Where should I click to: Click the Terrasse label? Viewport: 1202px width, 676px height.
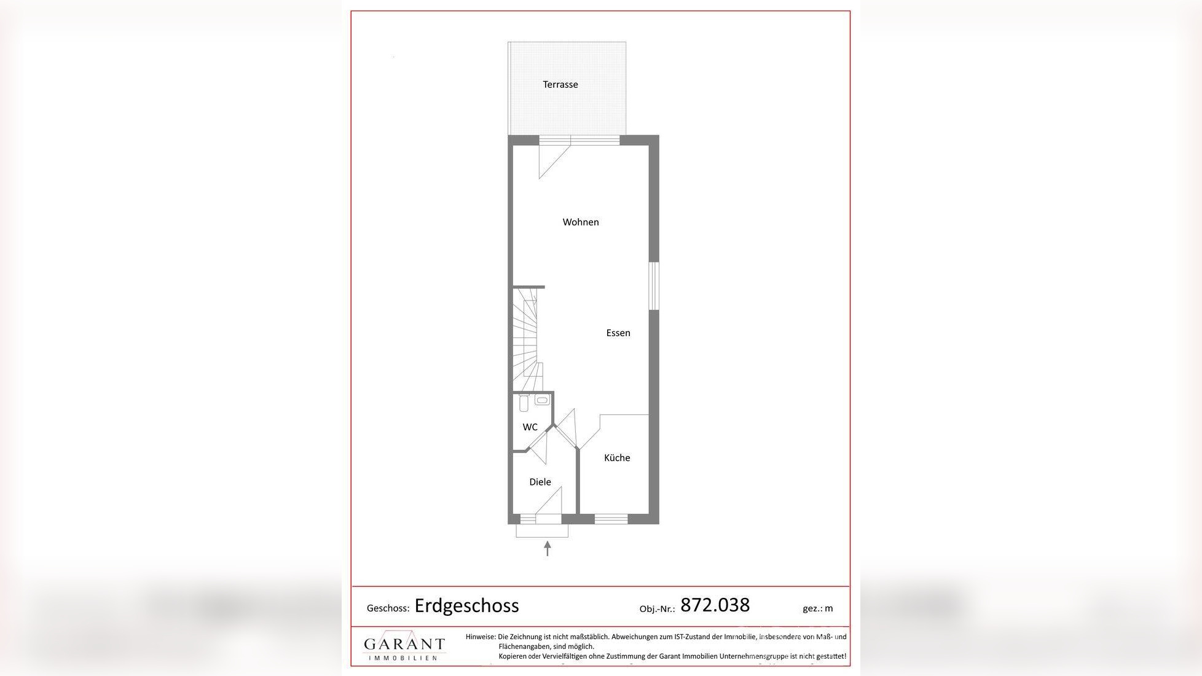click(x=560, y=85)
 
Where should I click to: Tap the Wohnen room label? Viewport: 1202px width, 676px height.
click(x=580, y=222)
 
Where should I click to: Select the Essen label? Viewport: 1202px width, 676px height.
click(x=618, y=333)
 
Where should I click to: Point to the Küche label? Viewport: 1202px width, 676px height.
click(x=616, y=458)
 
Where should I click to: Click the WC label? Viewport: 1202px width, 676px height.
click(x=530, y=427)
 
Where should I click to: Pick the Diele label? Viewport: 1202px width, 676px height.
click(x=540, y=482)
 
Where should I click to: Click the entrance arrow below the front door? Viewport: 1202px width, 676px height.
click(x=548, y=548)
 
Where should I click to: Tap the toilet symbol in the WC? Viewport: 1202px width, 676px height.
click(x=524, y=403)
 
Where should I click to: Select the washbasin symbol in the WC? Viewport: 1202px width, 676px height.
click(x=541, y=401)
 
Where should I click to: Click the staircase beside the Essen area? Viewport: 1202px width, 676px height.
click(x=527, y=338)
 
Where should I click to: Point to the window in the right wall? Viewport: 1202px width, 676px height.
click(x=654, y=286)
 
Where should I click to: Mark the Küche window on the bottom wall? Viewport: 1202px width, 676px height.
click(x=611, y=519)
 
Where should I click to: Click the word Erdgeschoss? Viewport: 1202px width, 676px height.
click(x=466, y=606)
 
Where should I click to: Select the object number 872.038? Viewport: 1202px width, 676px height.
click(x=715, y=605)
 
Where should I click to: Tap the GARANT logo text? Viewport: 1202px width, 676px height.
click(x=404, y=645)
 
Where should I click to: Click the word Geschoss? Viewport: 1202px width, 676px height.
click(x=388, y=608)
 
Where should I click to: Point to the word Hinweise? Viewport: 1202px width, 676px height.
click(x=480, y=637)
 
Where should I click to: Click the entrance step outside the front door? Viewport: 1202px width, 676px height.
click(x=541, y=531)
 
